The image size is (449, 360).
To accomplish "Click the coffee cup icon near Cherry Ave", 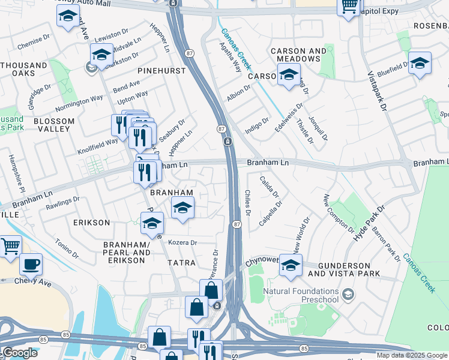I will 31,263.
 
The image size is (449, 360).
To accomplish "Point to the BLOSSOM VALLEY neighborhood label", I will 54,125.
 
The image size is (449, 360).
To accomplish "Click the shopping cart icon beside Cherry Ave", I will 10,246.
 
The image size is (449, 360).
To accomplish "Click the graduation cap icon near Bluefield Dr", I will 420,63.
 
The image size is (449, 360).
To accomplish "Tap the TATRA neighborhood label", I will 181,263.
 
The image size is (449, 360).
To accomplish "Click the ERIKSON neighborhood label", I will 91,223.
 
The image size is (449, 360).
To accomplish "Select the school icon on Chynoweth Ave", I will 291,265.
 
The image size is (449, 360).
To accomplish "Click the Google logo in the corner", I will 20,353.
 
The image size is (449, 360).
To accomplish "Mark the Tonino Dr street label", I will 67,248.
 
